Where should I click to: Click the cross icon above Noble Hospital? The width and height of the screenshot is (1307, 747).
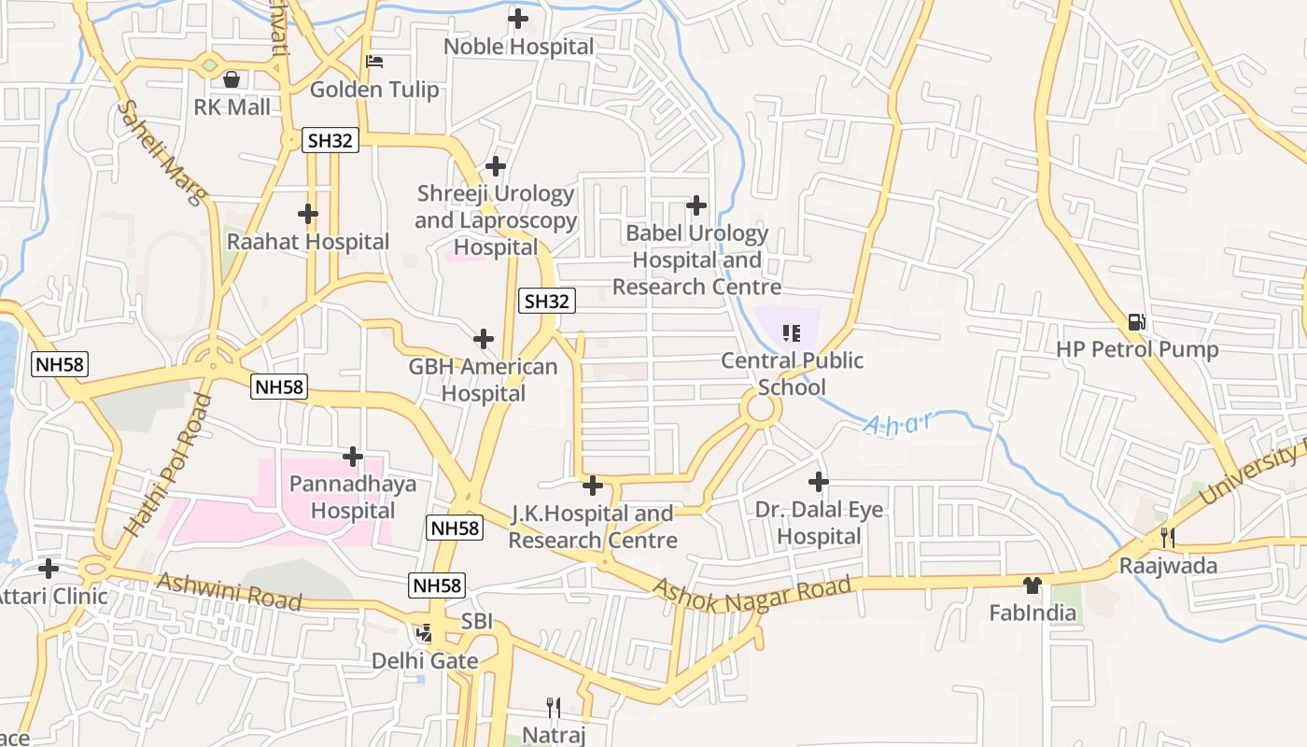point(517,18)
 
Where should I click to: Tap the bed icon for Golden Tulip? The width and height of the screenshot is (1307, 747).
point(374,62)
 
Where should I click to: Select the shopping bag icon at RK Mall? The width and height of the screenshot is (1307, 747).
point(232,78)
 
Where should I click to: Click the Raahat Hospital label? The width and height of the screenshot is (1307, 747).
point(308,242)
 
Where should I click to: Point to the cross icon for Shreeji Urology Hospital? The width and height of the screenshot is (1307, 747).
point(496,166)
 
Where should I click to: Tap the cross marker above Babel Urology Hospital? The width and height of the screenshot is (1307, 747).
point(696,205)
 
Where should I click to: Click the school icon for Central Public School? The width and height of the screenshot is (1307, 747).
point(792,332)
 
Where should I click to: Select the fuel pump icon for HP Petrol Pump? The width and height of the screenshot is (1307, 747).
point(1136,322)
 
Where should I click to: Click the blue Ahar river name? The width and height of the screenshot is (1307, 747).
point(897,424)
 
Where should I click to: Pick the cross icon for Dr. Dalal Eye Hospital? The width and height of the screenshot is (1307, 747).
point(819,482)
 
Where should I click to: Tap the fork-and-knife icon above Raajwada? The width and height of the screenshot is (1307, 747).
point(1167,538)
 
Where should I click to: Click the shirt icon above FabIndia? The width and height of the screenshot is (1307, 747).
point(1032,585)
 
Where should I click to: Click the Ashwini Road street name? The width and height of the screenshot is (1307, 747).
point(230,590)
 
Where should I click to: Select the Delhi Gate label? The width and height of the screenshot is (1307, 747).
point(425,661)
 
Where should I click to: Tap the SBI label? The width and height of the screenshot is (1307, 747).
point(476,623)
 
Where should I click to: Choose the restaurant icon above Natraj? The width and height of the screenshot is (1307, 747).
point(554,707)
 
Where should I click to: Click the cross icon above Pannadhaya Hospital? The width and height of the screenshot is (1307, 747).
point(353,457)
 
